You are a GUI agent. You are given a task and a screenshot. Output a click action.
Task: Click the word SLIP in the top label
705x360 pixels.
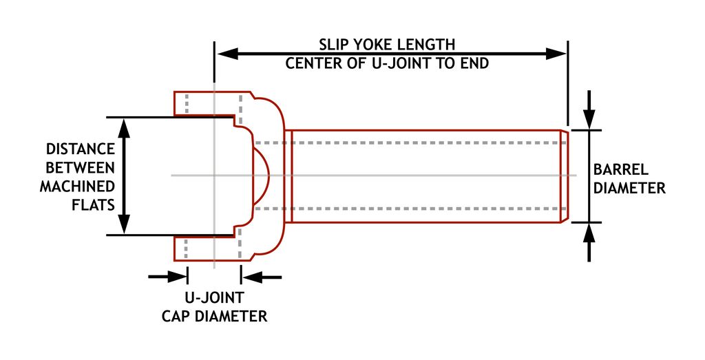click(x=333, y=45)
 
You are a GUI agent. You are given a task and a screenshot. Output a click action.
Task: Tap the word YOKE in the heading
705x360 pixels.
click(x=372, y=45)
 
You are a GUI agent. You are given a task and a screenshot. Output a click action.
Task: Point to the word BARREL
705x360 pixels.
click(x=621, y=169)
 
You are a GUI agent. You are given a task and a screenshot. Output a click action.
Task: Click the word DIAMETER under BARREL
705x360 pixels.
click(x=629, y=187)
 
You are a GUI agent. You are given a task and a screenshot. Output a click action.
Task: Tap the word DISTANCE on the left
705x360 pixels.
click(x=80, y=149)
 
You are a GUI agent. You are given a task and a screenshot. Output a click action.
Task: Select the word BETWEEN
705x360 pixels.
click(x=80, y=167)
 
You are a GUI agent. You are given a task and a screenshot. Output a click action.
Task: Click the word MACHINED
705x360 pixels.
click(x=77, y=186)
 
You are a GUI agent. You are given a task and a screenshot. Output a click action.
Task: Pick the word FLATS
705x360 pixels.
click(x=94, y=204)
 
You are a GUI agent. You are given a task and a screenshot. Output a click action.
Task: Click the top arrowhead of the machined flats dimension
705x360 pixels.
click(x=124, y=127)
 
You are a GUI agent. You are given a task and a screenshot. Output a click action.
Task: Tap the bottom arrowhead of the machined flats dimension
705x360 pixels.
click(x=124, y=224)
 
